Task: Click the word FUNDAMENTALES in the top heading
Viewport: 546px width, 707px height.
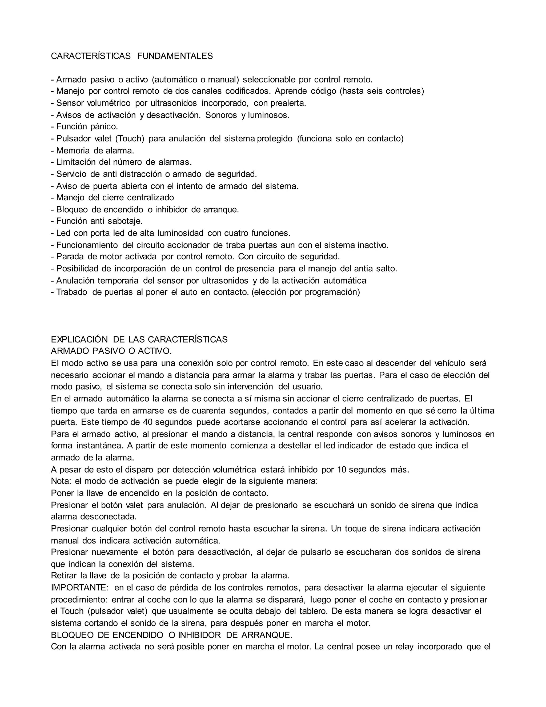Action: tap(175, 56)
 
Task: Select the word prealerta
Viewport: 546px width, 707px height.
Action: tap(288, 103)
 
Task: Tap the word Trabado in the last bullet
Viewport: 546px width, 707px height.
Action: tap(72, 292)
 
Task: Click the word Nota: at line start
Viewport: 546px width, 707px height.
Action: tap(61, 481)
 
